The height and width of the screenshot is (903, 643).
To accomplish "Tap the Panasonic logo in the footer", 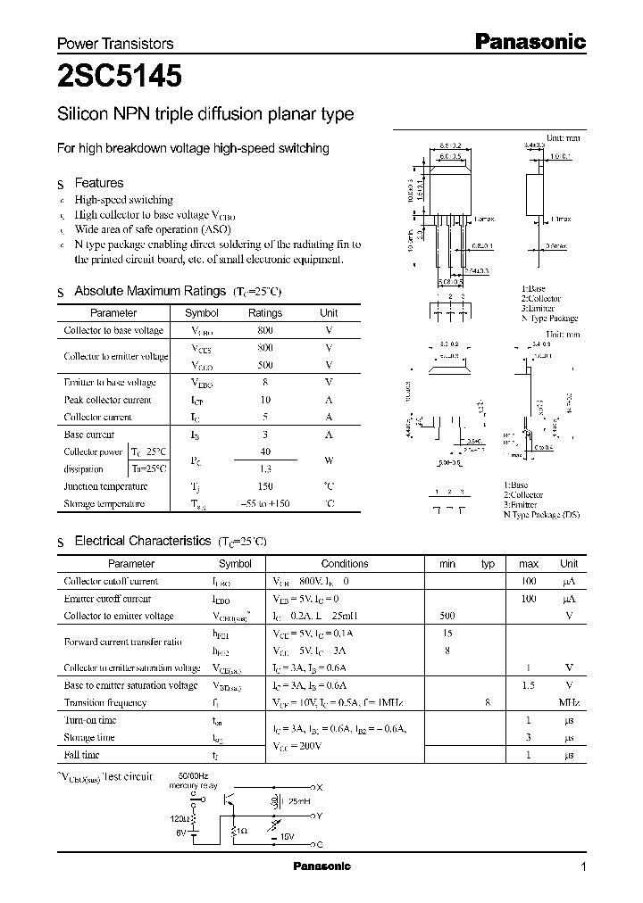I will tap(322, 866).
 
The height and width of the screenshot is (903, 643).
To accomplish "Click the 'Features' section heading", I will tap(99, 183).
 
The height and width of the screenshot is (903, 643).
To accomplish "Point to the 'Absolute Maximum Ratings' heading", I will tap(149, 291).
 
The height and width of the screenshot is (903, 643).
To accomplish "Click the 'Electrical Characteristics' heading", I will tap(142, 541).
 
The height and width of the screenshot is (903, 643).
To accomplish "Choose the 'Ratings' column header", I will tap(265, 313).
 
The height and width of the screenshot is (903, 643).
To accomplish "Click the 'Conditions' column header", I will tap(345, 564).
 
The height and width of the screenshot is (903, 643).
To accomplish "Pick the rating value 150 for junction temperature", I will tap(265, 486).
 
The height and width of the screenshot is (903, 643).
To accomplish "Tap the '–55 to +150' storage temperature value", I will tap(265, 504).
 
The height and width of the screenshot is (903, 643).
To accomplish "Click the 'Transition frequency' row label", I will tap(105, 702).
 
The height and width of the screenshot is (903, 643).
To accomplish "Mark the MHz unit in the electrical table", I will tap(569, 702).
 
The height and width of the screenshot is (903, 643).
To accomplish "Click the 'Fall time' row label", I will tap(81, 754).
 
